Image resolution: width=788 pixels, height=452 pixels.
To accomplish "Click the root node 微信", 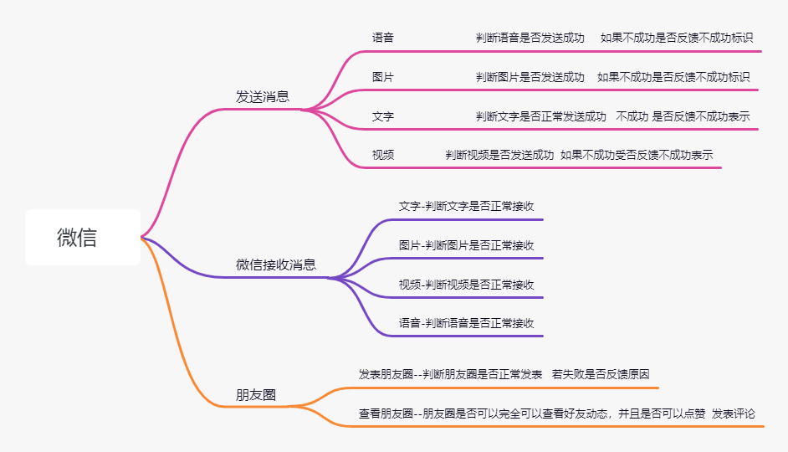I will (77, 238).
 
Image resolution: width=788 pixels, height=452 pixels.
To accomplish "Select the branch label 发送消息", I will (263, 97).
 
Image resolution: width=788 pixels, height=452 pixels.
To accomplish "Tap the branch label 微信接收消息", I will (276, 265).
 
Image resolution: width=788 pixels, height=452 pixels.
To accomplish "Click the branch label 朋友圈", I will (256, 395).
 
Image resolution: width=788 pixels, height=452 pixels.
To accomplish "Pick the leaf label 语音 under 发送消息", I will (383, 38).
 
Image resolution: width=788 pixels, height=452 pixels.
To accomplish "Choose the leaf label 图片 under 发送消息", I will (383, 77).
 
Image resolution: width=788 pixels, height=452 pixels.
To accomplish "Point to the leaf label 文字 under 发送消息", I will (383, 117).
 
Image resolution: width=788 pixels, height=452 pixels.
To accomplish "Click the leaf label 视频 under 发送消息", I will (383, 156).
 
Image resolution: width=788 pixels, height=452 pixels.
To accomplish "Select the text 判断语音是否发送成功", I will (530, 38).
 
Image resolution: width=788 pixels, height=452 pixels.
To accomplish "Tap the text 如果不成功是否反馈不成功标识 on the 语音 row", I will (677, 38).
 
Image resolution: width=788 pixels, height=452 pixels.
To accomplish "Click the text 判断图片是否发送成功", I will (530, 77).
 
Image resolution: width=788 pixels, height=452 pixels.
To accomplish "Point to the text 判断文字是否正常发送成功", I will (541, 117).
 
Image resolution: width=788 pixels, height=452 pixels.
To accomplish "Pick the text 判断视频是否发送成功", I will (499, 156).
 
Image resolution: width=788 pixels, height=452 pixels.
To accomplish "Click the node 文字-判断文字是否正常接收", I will (467, 206).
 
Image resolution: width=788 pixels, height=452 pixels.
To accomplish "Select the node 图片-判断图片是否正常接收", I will (467, 245).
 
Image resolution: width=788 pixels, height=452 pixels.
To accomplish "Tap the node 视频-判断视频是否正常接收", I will (467, 285).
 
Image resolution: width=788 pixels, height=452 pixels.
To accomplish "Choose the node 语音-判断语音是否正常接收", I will (467, 323).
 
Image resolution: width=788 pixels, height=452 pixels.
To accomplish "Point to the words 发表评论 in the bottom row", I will (734, 413).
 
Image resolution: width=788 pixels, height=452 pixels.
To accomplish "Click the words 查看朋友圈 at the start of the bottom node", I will (386, 413).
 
